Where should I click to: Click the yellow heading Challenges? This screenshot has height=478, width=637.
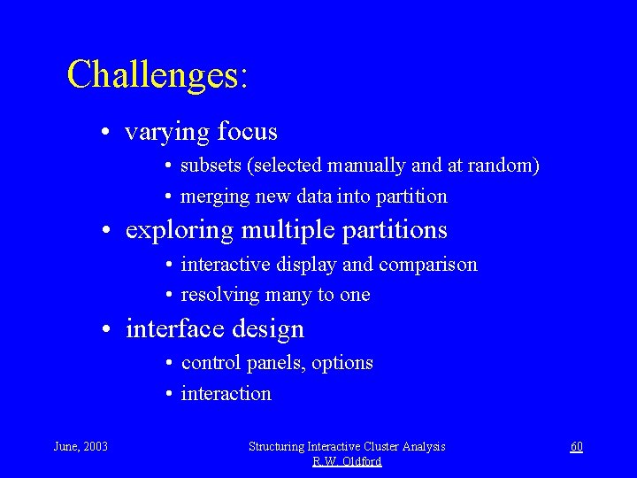click(x=157, y=75)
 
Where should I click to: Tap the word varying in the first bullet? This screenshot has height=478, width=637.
click(x=167, y=133)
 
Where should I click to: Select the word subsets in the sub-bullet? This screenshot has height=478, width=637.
click(x=207, y=166)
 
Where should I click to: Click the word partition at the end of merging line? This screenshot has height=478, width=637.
click(x=412, y=196)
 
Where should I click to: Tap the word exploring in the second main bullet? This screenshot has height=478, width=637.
click(x=180, y=231)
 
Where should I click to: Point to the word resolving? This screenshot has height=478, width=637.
click(x=218, y=295)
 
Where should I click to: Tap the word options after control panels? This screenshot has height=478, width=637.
click(x=343, y=363)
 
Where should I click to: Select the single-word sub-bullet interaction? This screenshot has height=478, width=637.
click(x=226, y=394)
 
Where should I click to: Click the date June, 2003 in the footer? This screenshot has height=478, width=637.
click(x=81, y=447)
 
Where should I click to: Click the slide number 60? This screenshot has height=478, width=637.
click(x=576, y=447)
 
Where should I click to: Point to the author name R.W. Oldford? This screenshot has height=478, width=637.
click(x=347, y=462)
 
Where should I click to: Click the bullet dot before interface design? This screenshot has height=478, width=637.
click(x=105, y=330)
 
